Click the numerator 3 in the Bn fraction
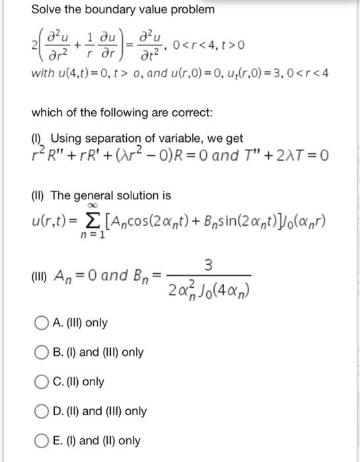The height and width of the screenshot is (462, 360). tap(208, 266)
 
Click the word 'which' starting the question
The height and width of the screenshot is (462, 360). tap(47, 113)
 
